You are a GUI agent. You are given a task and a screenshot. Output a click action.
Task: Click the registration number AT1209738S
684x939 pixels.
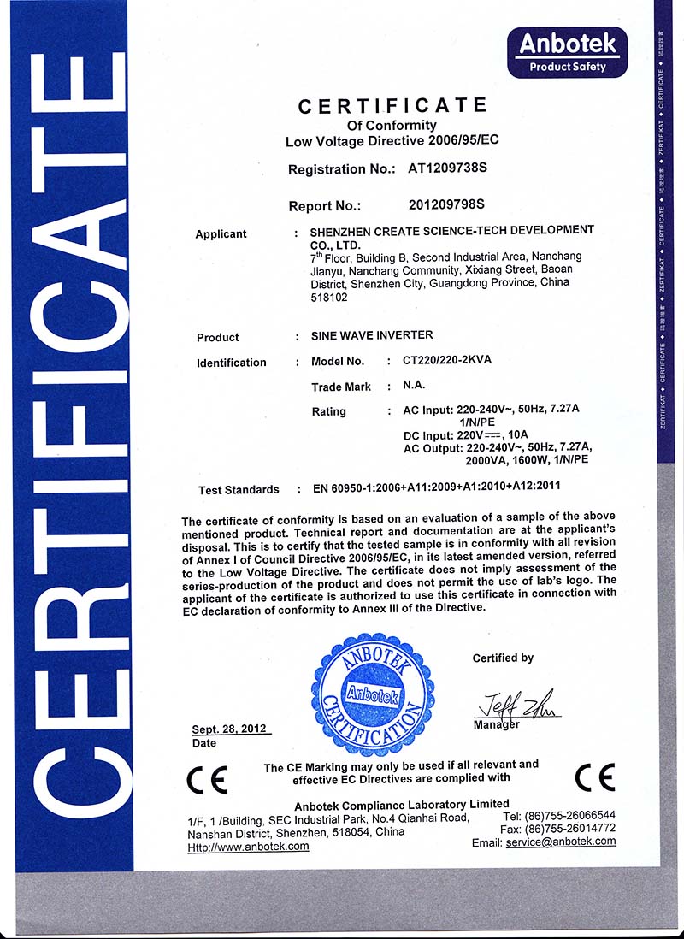coord(448,168)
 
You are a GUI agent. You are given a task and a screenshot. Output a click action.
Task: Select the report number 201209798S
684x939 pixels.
coord(447,204)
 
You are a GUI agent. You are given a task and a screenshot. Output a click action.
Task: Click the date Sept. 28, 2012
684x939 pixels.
coord(229,729)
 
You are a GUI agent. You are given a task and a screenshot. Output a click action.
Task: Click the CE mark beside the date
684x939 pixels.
coord(207,779)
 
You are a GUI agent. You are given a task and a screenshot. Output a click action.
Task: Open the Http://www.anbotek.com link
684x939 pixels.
coord(248,846)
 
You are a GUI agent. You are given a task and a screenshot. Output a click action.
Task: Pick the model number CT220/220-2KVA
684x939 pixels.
coord(447,361)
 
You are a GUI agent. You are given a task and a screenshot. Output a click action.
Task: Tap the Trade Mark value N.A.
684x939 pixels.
coord(416,386)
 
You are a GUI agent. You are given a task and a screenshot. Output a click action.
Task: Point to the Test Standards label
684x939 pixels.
coord(239,490)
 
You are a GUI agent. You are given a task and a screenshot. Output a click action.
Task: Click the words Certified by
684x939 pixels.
coord(503,658)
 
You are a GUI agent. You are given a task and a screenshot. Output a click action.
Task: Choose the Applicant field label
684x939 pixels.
coord(221,234)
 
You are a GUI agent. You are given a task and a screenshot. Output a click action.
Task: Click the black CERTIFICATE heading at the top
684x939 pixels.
coord(392,106)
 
